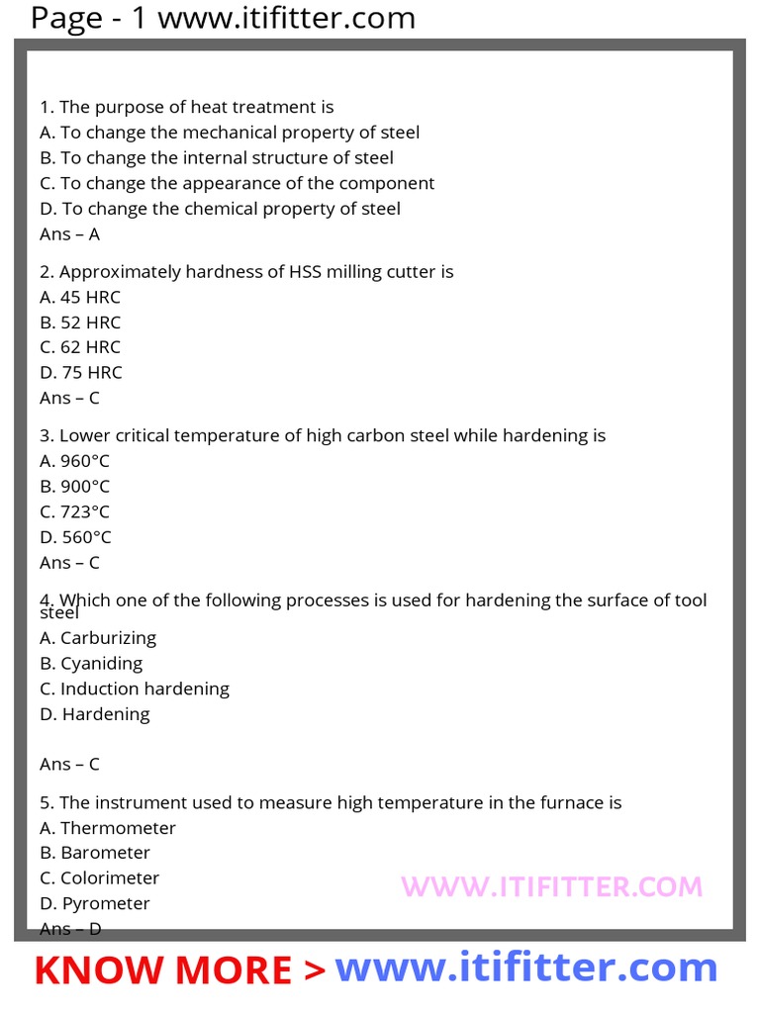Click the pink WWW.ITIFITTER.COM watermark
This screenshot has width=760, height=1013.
coord(551,886)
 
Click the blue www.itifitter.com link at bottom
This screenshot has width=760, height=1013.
coord(525,967)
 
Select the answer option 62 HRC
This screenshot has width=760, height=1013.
coord(80,347)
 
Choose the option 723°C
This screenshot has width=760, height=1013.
coord(74,511)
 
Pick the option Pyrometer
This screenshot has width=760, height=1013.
coord(95,903)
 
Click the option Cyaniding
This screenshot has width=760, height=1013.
coord(91,663)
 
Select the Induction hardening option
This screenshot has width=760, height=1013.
coord(135,689)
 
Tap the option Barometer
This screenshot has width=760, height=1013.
coord(95,853)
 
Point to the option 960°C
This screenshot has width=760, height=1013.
coord(74,461)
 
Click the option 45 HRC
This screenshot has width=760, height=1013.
coord(80,297)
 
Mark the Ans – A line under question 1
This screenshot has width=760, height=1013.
coord(69,234)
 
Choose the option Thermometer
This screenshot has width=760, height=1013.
coord(107,828)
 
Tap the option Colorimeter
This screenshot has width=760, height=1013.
coord(99,878)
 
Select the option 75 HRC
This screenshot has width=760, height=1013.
coord(81,373)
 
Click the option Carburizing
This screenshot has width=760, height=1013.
coord(98,638)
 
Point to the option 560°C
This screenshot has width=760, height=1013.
coord(75,537)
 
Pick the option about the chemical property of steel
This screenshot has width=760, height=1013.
coord(220,209)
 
